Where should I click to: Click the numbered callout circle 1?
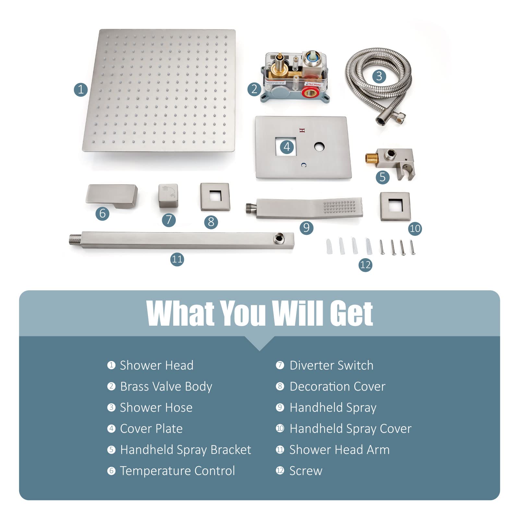coord(81,90)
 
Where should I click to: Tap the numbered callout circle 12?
coord(365,265)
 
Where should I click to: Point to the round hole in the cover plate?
coord(320,147)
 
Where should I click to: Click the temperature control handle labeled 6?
coord(112,196)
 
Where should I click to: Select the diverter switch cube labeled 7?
coord(168,196)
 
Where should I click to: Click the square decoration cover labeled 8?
coord(215,197)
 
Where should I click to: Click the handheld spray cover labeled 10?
coord(395,206)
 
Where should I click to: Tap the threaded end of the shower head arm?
coord(75,240)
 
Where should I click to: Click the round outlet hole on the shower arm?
coord(278,239)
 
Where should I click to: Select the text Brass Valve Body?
coord(166,386)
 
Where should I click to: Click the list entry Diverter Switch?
coord(331,365)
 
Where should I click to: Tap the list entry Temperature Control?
coord(177,471)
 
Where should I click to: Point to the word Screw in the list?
coord(306,471)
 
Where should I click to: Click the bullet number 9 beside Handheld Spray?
coord(280,407)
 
